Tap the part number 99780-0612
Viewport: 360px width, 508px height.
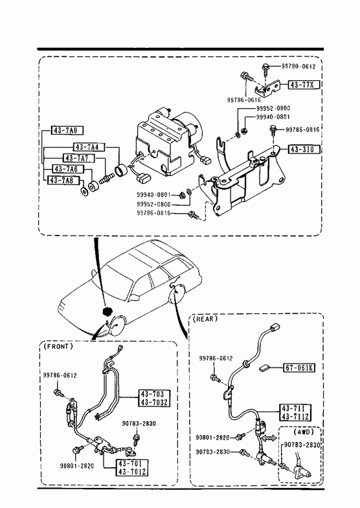(298, 67)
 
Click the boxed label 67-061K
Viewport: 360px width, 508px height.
(300, 368)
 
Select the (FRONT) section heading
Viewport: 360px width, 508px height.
(58, 346)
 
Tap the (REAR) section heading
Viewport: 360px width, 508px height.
(205, 319)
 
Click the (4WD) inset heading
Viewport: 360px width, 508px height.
(304, 432)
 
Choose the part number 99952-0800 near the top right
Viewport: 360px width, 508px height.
(273, 108)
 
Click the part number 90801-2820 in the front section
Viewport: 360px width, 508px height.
(77, 466)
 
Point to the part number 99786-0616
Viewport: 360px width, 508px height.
(243, 100)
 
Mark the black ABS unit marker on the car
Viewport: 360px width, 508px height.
(106, 311)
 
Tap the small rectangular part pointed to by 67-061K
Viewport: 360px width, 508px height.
(265, 368)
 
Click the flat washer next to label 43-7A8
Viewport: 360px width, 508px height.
(84, 192)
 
